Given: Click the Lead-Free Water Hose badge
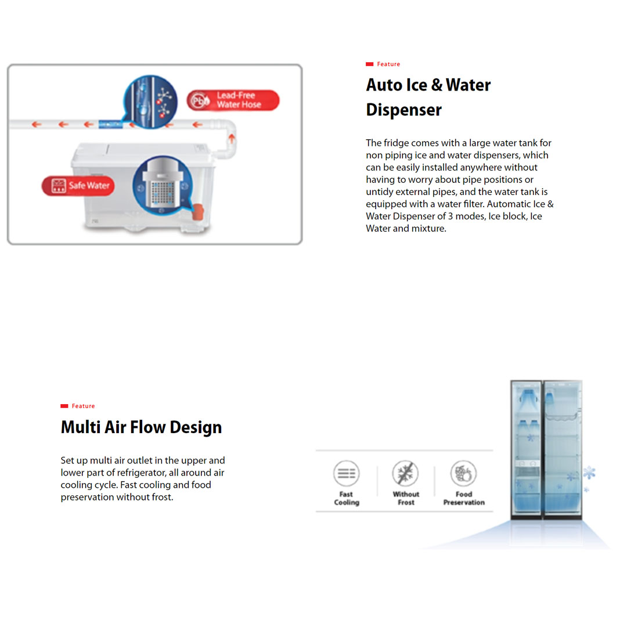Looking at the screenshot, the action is coord(233,100).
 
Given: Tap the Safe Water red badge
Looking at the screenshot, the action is coord(78,186).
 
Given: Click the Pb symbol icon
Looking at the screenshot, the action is coord(199,100).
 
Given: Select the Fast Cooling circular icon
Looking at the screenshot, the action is coord(346,473).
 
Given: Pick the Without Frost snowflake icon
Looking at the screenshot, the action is coord(405,473).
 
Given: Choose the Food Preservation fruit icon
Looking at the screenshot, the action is coord(463,473).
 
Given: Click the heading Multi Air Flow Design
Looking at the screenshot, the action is coord(141,427).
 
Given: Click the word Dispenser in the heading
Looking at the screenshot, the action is coord(404,110).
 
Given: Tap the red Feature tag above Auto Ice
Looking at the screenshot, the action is coord(383,64).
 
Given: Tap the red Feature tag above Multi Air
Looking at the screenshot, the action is coord(78,406).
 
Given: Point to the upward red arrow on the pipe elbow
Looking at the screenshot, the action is coord(232,139).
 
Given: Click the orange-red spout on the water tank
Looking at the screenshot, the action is coord(198,211).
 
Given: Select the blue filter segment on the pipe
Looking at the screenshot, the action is coord(110,124).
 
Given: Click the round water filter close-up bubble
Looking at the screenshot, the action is coord(163,185).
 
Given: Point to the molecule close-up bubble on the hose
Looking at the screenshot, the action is coord(150,102).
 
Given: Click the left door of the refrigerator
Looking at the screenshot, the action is coord(526,449).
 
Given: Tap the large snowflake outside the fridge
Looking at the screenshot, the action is coord(589,473).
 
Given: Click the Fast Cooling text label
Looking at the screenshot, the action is coord(347,498).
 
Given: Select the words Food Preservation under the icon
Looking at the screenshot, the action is coord(464,498).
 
